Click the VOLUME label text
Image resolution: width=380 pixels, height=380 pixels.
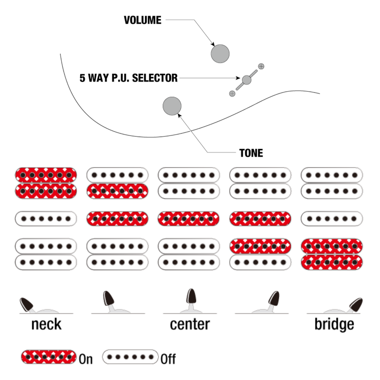click(x=142, y=20)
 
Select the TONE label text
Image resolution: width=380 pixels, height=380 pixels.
click(x=251, y=153)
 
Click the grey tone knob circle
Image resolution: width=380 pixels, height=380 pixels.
click(x=172, y=106)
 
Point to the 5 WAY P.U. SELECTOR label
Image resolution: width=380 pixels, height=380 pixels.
click(x=128, y=78)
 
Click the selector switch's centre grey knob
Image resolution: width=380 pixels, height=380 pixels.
click(x=247, y=79)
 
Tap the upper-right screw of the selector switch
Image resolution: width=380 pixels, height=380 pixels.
click(x=261, y=66)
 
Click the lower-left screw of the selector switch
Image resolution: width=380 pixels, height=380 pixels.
click(x=232, y=93)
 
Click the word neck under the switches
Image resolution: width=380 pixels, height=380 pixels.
click(x=46, y=324)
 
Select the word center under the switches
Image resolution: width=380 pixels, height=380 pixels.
click(x=190, y=324)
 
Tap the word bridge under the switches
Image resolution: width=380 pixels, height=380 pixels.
click(x=334, y=324)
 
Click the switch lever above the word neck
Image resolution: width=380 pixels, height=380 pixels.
click(x=27, y=304)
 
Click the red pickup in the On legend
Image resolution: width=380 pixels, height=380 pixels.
click(x=49, y=357)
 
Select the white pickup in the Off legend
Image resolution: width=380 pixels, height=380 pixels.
click(x=130, y=357)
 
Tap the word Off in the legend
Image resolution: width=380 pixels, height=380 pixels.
click(x=168, y=359)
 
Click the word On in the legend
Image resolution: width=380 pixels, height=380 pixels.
click(x=86, y=359)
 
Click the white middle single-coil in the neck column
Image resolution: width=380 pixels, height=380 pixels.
click(x=46, y=219)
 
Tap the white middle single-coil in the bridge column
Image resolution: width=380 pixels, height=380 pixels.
click(x=332, y=219)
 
